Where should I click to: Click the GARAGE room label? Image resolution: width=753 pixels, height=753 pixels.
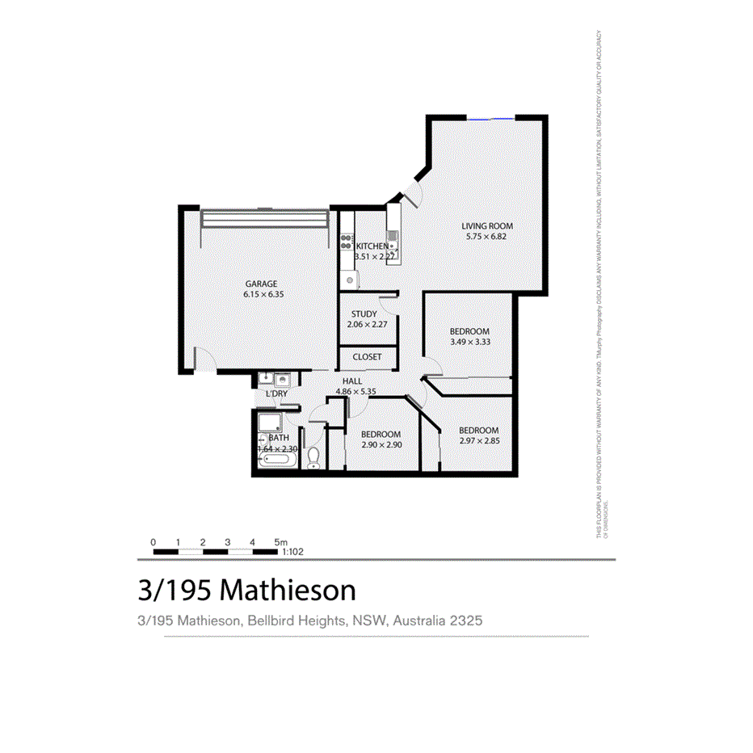click(x=261, y=284)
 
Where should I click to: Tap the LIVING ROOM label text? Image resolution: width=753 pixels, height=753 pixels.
click(x=487, y=226)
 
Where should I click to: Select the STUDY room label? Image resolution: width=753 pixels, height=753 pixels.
click(x=364, y=314)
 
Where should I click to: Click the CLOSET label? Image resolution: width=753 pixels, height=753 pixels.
click(x=367, y=356)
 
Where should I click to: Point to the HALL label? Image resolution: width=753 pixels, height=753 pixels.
click(x=352, y=381)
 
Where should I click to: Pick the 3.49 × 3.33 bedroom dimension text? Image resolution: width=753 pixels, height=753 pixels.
click(x=469, y=342)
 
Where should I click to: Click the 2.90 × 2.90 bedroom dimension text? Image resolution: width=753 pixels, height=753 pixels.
click(x=381, y=444)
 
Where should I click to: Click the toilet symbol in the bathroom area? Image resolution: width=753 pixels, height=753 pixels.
click(x=313, y=457)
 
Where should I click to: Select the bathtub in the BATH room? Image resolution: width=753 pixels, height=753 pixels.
click(x=277, y=461)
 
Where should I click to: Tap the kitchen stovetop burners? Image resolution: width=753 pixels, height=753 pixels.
click(x=347, y=241)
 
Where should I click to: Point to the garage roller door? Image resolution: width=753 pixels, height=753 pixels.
click(x=265, y=219)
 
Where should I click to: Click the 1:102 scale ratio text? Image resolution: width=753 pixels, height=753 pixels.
click(x=292, y=553)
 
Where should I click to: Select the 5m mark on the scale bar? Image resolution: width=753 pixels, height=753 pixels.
click(x=280, y=542)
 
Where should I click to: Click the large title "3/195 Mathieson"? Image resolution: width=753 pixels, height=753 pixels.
click(x=247, y=591)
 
